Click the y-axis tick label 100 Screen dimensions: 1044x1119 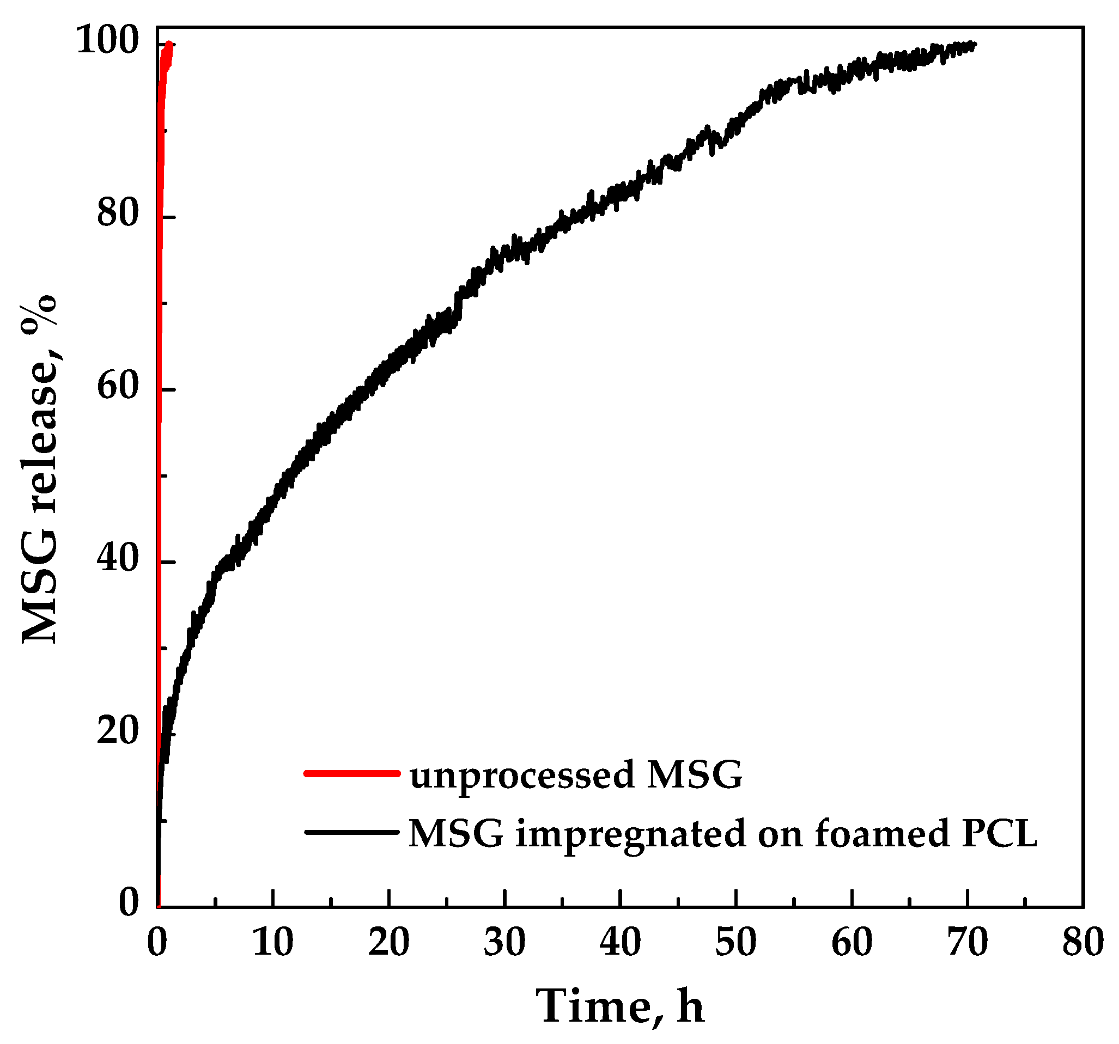click(107, 40)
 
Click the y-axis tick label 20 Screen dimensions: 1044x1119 click(118, 731)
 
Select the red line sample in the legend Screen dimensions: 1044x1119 click(352, 773)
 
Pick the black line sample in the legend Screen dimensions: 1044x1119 click(352, 832)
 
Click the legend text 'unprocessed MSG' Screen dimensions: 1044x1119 click(576, 776)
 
